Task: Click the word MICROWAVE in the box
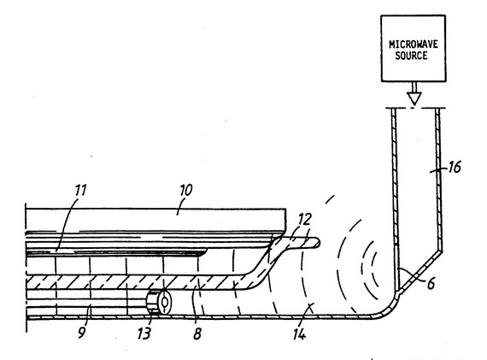pos(414,44)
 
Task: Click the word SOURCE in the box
pos(411,56)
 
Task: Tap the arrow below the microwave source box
pos(414,93)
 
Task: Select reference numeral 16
pos(455,167)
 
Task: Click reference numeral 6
pos(431,284)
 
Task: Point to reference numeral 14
pos(299,334)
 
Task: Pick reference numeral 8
pos(197,333)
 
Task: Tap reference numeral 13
pos(144,333)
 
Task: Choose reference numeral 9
pos(81,333)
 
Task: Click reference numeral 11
pos(80,190)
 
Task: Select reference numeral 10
pos(185,190)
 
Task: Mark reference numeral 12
pos(304,220)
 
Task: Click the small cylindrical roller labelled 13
pos(158,302)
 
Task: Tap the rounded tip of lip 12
pos(318,243)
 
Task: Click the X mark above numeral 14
pos(309,307)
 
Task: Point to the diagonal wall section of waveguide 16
pos(420,271)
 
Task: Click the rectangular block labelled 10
pos(155,220)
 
